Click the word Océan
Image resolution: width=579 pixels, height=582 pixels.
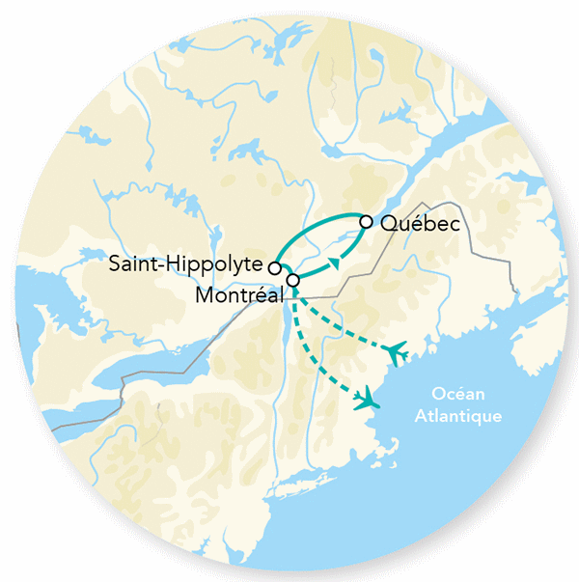tap(458, 397)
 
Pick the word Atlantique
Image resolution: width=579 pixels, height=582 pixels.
tap(457, 416)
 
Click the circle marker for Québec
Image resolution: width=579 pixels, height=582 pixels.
tap(366, 222)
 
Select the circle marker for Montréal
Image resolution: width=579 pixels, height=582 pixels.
tap(293, 280)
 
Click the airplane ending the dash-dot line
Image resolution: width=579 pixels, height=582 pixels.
tap(397, 351)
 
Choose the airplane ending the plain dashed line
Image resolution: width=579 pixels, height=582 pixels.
tap(366, 399)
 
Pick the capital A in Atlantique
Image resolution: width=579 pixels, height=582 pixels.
tap(420, 416)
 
